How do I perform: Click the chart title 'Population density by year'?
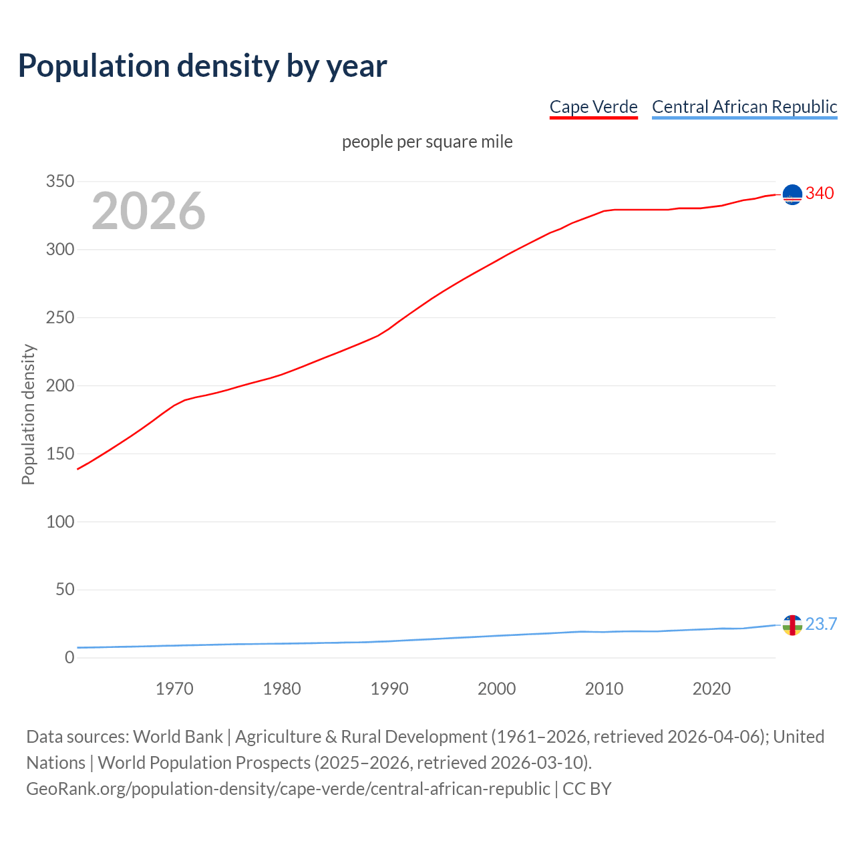point(202,65)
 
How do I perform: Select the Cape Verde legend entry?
point(593,107)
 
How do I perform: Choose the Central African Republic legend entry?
point(744,107)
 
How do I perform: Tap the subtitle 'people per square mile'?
point(427,142)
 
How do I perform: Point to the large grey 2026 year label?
point(148,211)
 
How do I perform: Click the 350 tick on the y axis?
point(60,182)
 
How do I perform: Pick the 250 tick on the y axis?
point(60,318)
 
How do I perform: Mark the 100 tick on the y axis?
point(60,522)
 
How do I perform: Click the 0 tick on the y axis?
point(69,658)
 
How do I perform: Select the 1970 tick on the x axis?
point(174,689)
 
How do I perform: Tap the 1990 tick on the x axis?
point(389,689)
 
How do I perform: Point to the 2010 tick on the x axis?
point(604,689)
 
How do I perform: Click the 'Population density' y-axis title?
point(28,414)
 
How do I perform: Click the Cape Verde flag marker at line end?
point(792,194)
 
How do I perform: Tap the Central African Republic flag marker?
point(792,625)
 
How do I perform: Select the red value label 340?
point(820,194)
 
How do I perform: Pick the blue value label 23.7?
point(821,625)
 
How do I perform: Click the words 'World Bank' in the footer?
point(178,737)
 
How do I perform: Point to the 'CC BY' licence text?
point(587,789)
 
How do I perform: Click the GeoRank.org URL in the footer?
point(288,789)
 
